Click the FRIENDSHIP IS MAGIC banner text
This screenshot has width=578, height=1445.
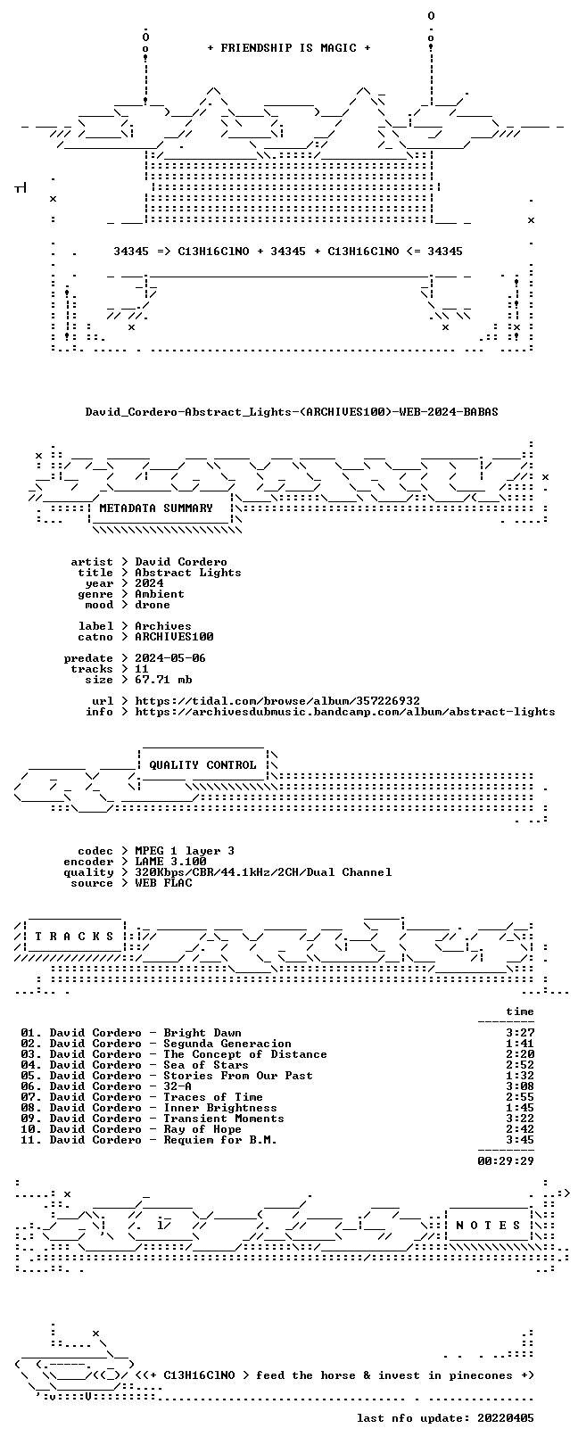(x=289, y=48)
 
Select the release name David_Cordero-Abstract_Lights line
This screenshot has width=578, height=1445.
(x=292, y=411)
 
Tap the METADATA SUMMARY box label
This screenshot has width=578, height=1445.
(x=156, y=508)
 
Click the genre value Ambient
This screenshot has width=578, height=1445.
(x=160, y=594)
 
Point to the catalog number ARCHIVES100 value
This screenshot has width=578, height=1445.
(x=174, y=637)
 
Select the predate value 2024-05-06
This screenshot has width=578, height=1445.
(x=170, y=658)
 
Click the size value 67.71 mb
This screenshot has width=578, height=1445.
(x=163, y=680)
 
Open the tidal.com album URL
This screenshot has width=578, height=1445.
(x=277, y=700)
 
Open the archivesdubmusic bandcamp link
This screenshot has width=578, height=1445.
(x=345, y=712)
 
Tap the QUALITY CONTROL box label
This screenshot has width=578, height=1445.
(x=202, y=765)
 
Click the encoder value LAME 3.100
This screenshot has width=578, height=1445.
(x=170, y=862)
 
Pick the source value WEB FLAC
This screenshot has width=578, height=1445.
(x=163, y=883)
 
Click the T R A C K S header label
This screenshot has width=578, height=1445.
(x=74, y=937)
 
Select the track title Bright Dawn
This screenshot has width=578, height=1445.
(x=202, y=1033)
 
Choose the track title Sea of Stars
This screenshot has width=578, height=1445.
(x=206, y=1065)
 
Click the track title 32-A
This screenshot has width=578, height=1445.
(x=178, y=1086)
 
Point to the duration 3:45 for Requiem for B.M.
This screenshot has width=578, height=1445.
(x=520, y=1140)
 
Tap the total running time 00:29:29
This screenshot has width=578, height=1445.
(x=506, y=1161)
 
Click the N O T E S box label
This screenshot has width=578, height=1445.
(x=488, y=1225)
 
